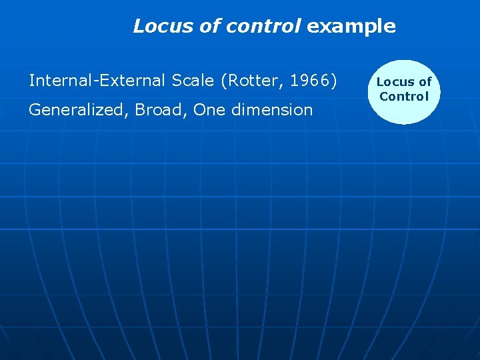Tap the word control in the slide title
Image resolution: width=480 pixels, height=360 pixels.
264,26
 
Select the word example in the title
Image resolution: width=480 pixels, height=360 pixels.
351,26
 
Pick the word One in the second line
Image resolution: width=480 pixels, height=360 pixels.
209,109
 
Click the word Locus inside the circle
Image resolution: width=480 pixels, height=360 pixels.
395,82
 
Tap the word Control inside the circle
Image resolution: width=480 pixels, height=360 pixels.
404,97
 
